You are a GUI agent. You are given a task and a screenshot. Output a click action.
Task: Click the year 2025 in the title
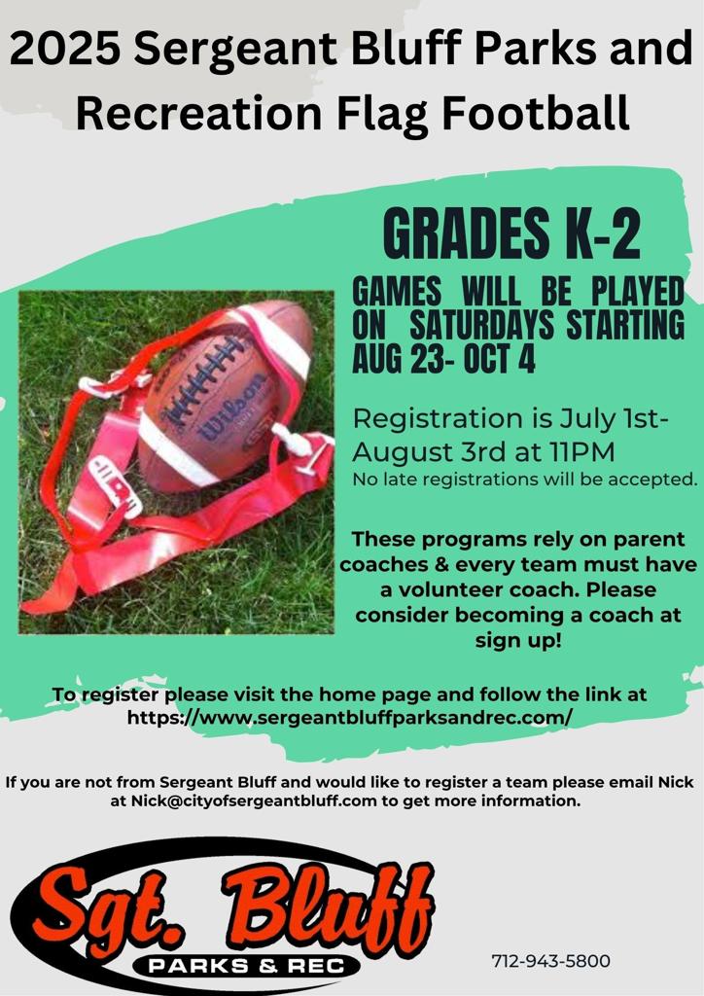tap(64, 49)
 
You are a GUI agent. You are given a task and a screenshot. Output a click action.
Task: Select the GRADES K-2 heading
tap(511, 234)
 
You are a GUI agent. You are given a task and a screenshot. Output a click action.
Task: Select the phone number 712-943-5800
tap(550, 960)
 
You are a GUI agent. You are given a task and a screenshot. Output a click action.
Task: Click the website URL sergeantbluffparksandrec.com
tap(350, 718)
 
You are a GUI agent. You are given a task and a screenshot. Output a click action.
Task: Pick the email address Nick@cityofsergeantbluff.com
tap(254, 800)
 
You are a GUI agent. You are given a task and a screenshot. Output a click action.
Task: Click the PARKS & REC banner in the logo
tap(246, 966)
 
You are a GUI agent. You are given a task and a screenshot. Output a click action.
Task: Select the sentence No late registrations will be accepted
tap(525, 480)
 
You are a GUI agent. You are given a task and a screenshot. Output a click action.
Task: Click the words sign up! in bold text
tap(518, 640)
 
